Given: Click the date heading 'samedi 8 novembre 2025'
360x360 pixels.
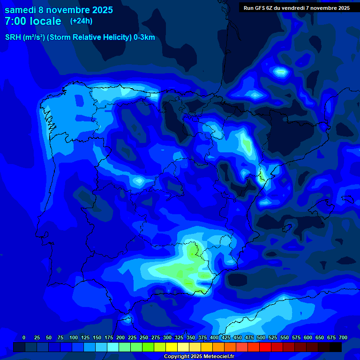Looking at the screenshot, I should click(59, 10).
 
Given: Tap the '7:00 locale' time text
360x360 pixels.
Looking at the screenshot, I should click(33, 21).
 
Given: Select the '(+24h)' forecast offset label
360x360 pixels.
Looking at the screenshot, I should click(81, 21).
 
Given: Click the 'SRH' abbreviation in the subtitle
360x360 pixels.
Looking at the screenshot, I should click(14, 37).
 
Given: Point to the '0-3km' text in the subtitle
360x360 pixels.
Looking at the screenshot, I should click(144, 37).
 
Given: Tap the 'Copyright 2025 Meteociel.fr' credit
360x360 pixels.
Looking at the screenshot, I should click(199, 356).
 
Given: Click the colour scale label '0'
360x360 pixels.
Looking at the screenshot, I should click(24, 337).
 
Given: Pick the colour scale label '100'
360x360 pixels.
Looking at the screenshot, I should click(74, 337).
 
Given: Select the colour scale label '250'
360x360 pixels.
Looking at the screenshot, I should click(144, 337).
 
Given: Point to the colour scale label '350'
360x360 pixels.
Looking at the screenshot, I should click(191, 337).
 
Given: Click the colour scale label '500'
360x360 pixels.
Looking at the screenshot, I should click(261, 337).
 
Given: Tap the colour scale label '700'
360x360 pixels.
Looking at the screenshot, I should click(343, 337).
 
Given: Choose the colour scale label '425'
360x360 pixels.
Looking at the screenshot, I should click(226, 337).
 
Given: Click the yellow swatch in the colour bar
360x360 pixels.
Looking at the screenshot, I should click(172, 347).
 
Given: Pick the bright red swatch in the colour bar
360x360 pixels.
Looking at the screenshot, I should click(265, 347).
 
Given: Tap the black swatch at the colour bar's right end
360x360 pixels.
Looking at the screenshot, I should click(336, 347).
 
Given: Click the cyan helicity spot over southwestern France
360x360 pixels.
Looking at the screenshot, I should click(281, 72).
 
